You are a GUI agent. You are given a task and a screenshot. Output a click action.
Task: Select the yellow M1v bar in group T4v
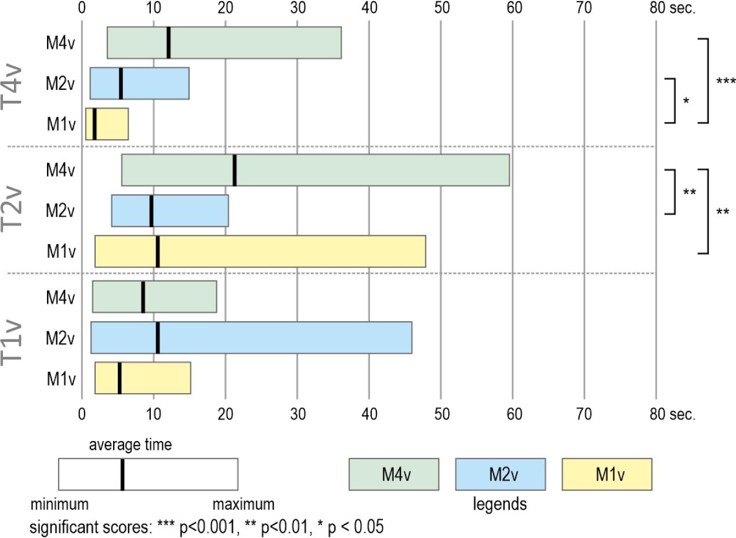[x=107, y=123]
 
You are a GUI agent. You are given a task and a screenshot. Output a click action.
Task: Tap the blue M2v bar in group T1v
[x=251, y=337]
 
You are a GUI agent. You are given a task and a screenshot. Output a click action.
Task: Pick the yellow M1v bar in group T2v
[x=260, y=251]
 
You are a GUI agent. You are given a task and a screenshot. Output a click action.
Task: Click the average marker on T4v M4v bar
[x=168, y=42]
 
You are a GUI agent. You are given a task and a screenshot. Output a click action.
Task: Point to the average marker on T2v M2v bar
[x=151, y=211]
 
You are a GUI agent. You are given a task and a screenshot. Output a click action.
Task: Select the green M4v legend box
[x=393, y=474]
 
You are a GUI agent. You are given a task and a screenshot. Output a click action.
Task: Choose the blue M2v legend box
[x=500, y=474]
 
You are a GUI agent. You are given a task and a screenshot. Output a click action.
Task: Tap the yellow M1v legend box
[x=607, y=474]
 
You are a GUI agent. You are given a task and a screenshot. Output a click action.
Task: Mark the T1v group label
[x=13, y=338]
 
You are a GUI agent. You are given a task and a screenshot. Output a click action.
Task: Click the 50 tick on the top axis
[x=441, y=8]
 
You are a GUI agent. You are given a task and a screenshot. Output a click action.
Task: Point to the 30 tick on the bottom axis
[x=297, y=415]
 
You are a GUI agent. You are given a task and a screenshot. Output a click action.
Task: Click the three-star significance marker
[x=726, y=82]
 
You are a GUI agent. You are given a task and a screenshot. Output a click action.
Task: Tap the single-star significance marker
[x=686, y=101]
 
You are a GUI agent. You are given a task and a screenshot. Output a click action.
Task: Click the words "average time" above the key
[x=130, y=445]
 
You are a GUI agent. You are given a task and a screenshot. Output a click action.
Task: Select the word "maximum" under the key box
[x=243, y=503]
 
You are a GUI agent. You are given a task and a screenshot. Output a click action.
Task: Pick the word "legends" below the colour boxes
[x=500, y=504]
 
